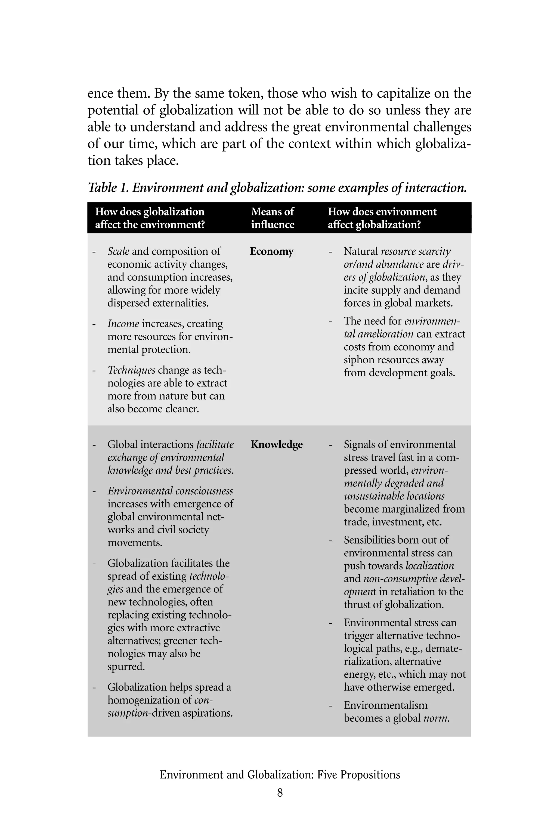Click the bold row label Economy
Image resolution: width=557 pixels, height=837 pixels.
point(271,251)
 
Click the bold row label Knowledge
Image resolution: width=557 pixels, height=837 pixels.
point(276,444)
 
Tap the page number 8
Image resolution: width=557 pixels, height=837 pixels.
point(280,793)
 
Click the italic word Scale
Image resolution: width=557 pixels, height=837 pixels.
point(118,251)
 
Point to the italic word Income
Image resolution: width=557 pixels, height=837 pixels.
point(123,324)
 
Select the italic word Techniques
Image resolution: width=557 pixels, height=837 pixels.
point(131,370)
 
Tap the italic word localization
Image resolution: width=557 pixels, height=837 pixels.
point(429,566)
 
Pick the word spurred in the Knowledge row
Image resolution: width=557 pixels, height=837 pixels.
point(126,666)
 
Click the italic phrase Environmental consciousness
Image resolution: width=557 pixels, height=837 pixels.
point(170,491)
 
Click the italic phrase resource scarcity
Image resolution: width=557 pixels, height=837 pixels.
point(416,251)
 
